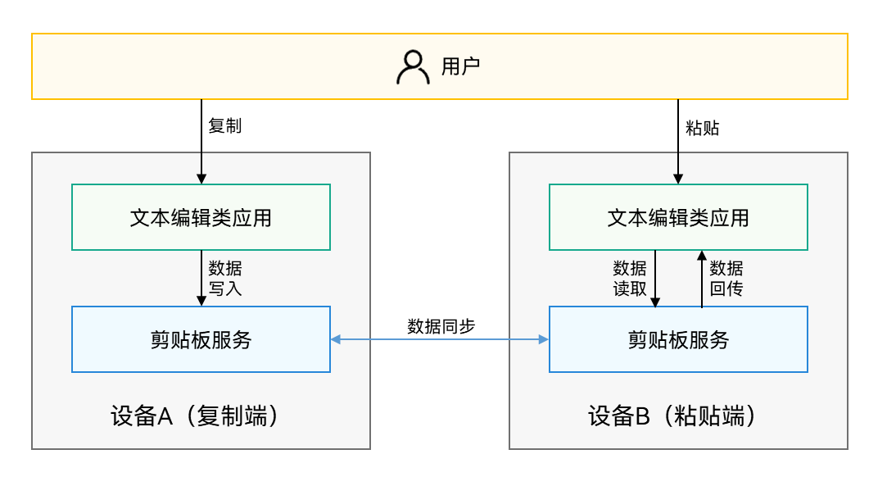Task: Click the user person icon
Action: point(413,67)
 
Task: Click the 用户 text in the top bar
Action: point(460,66)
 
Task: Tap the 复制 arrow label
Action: point(225,126)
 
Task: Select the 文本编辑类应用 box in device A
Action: point(201,217)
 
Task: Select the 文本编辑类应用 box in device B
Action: point(678,217)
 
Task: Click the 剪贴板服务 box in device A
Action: point(201,339)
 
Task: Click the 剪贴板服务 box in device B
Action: point(678,339)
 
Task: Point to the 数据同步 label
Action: point(441,325)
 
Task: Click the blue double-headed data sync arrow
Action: point(440,339)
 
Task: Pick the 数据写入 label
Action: point(225,279)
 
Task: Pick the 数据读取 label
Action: point(630,279)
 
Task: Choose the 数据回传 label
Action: point(726,279)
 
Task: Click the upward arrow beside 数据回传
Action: point(702,279)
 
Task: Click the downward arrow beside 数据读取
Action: point(655,279)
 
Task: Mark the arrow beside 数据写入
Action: point(201,279)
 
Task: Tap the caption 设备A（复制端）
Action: point(200,416)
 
